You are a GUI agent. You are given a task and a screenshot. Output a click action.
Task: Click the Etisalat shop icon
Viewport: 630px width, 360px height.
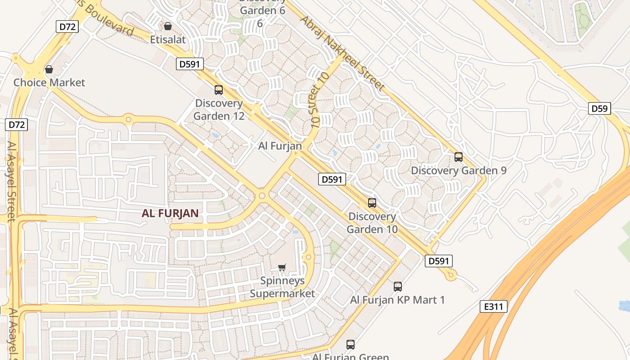pos(167,27)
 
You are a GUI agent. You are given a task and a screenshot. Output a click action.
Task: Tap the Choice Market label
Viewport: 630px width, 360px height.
pos(49,82)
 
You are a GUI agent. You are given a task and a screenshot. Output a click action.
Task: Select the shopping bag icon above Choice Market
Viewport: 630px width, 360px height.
pos(49,69)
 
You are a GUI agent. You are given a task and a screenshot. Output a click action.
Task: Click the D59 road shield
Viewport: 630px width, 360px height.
pos(599,108)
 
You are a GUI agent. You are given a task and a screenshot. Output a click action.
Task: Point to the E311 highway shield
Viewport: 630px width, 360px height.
pos(493,307)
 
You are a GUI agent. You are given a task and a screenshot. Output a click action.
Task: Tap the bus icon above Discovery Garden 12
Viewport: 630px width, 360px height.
pos(219,90)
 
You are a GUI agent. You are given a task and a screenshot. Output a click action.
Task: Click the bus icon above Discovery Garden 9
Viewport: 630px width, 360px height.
pos(459,157)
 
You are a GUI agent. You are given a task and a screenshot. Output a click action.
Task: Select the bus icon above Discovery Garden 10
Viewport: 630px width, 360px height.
pos(372,203)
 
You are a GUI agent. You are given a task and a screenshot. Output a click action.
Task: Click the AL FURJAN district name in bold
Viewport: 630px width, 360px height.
pos(170,213)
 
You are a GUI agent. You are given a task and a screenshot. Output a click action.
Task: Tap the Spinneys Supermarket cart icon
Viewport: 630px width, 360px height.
pos(282,268)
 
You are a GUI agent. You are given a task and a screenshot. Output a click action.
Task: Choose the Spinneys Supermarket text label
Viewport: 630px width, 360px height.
pos(283,287)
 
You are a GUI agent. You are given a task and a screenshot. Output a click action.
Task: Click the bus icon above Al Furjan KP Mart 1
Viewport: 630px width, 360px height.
pos(398,287)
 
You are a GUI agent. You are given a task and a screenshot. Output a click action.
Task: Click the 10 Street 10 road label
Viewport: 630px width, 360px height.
pos(316,100)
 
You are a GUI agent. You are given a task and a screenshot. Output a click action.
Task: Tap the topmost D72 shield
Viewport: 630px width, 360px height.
pos(67,27)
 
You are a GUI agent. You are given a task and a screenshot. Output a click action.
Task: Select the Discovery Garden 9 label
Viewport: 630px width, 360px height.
pos(459,171)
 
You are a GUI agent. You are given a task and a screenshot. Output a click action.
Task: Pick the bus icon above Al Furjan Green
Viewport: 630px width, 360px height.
pos(351,345)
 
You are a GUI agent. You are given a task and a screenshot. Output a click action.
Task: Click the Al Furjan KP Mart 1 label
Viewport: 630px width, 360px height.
pos(397,300)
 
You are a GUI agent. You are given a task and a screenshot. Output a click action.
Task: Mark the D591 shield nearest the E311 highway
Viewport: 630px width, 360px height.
pos(438,261)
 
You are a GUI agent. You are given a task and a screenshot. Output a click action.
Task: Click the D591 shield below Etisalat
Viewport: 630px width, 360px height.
pos(189,64)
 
